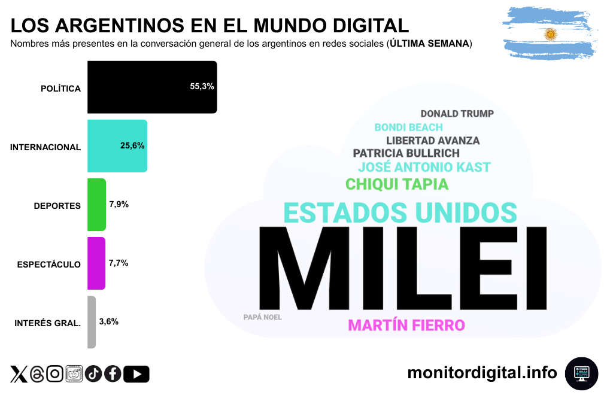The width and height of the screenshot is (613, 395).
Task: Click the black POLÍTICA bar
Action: [x=151, y=87]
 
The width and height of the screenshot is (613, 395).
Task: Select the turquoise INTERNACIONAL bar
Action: [x=117, y=146]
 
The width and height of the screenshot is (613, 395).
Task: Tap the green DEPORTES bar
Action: [x=96, y=205]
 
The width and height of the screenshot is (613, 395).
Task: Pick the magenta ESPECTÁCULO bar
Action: [x=96, y=263]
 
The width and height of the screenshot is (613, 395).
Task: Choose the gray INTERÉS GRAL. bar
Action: [x=92, y=322]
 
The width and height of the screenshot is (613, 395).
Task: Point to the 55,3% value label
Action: [x=202, y=86]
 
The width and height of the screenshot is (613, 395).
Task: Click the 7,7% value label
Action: [x=119, y=263]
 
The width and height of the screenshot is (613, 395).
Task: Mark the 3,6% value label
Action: [x=108, y=321]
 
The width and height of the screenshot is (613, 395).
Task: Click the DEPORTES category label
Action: [x=57, y=206]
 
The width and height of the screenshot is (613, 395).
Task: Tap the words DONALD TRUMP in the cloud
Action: [x=457, y=114]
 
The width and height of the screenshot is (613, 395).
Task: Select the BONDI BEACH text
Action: [x=408, y=127]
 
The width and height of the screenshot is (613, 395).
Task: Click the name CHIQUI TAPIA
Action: [x=397, y=184]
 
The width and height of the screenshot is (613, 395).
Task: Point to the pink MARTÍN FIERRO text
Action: [x=406, y=326]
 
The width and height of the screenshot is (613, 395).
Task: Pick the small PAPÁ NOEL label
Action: [x=262, y=317]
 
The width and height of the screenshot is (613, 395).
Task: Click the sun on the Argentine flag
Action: [x=550, y=35]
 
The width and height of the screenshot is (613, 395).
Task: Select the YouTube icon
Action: [x=137, y=374]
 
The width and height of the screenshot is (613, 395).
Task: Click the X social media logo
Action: [x=19, y=374]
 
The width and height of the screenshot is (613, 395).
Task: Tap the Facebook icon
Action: [x=113, y=374]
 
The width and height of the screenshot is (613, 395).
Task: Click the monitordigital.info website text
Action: [x=482, y=373]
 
